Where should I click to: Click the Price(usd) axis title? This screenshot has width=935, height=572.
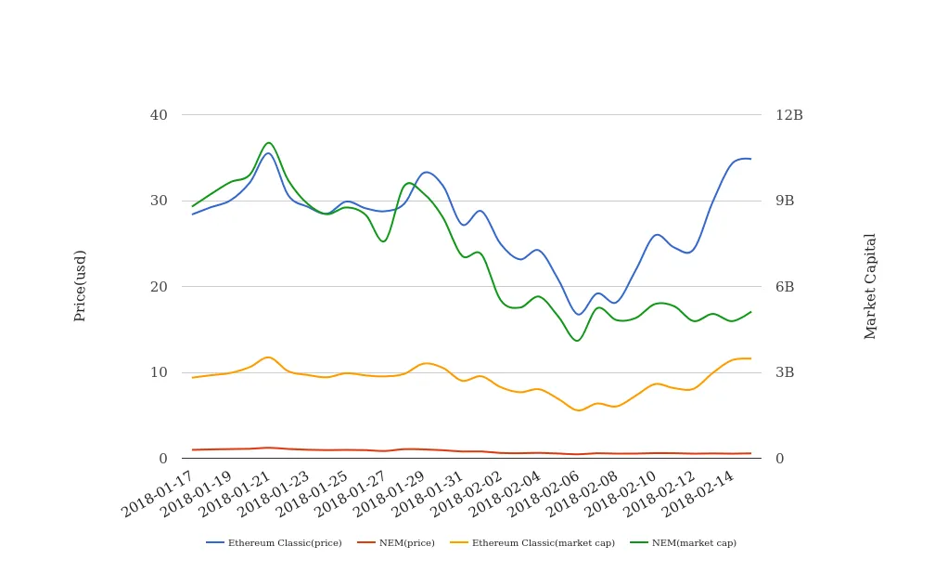coord(81,285)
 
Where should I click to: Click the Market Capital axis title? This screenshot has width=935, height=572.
coord(870,285)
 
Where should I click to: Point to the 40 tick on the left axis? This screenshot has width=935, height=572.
coord(159,115)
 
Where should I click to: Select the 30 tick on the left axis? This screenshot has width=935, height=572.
coord(159,201)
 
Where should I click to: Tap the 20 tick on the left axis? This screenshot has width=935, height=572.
coord(159,287)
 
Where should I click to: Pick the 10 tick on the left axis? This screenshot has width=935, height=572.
coord(159,372)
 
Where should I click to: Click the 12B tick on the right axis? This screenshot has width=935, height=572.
coord(788,115)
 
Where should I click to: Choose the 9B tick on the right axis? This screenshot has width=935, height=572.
coord(785,201)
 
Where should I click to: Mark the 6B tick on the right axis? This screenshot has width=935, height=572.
coord(785,287)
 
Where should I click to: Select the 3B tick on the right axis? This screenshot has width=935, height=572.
coord(785,372)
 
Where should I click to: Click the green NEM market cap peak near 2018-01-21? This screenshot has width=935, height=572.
coord(268,142)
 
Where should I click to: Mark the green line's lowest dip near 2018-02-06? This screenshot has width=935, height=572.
coord(576,341)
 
